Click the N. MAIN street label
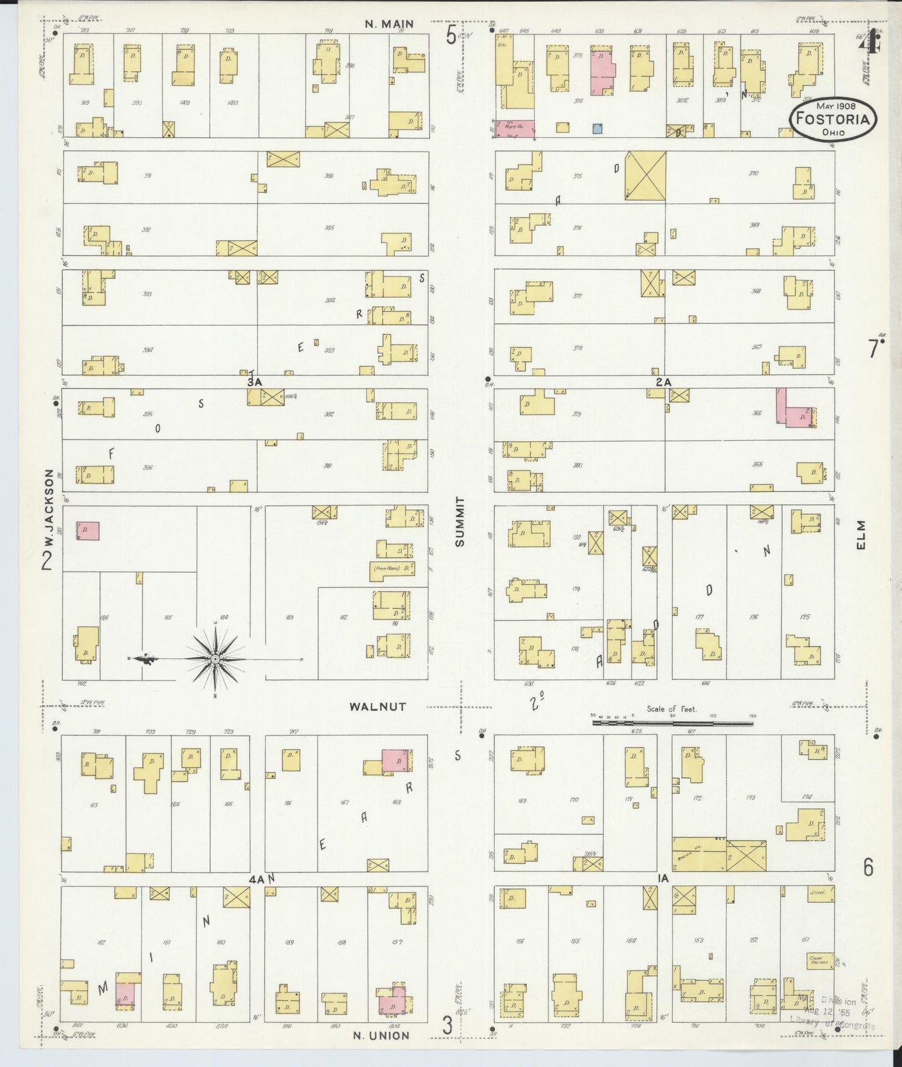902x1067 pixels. (390, 24)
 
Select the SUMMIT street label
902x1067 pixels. (461, 522)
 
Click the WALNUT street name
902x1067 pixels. (378, 706)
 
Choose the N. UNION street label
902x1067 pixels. (381, 1035)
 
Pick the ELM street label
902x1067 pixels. (862, 535)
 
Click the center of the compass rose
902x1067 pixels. (215, 659)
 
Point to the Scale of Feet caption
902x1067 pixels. (672, 709)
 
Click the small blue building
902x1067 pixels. (597, 129)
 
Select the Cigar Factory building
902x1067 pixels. (818, 961)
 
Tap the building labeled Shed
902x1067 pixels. (817, 893)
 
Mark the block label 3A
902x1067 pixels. (253, 381)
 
